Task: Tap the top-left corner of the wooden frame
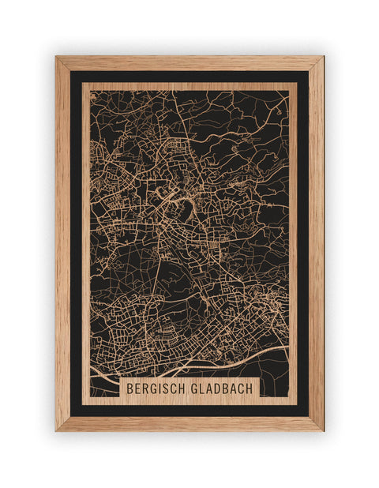click(57, 57)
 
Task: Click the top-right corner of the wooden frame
click(322, 57)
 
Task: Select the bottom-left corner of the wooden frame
click(57, 430)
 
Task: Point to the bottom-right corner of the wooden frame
click(322, 430)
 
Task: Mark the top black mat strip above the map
click(189, 76)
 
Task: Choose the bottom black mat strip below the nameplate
click(189, 411)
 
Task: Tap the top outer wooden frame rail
click(189, 62)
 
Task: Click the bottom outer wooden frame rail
click(189, 424)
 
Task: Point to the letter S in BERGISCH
click(167, 389)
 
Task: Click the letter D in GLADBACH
click(217, 389)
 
